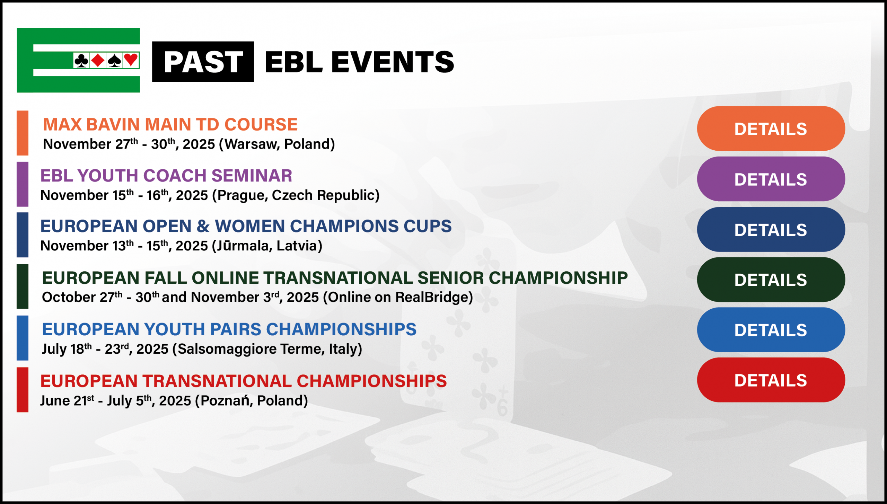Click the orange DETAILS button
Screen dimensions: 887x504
pos(771,129)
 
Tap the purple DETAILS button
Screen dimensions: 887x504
pos(771,179)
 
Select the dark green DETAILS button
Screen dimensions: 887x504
pos(771,280)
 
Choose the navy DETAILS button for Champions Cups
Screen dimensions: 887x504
pos(771,229)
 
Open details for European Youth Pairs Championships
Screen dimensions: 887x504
pos(771,330)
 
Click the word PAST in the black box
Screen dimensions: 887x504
pos(203,62)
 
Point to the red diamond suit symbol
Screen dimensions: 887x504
pos(98,60)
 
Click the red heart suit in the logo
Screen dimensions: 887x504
pos(131,60)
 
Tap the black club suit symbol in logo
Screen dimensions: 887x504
pos(81,60)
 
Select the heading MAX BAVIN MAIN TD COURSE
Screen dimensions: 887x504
pos(170,124)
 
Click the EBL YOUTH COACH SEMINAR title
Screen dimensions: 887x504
pos(166,175)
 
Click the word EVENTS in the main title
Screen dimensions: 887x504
pos(393,62)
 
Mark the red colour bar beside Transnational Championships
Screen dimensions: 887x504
pos(23,390)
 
